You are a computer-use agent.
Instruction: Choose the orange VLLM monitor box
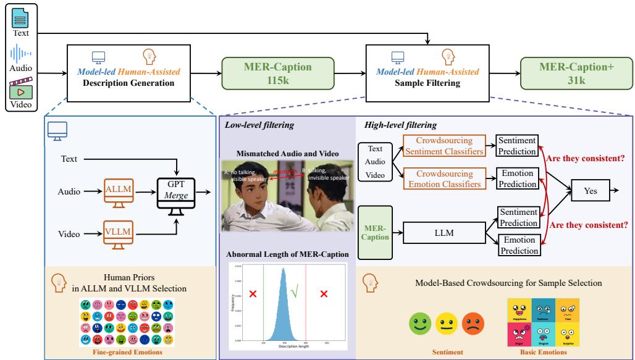(x=119, y=234)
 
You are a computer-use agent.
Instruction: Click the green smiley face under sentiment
(x=420, y=321)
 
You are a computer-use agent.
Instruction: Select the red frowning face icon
(x=474, y=321)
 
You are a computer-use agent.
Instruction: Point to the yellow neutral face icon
(x=447, y=321)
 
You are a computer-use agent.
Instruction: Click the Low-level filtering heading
(x=250, y=125)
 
